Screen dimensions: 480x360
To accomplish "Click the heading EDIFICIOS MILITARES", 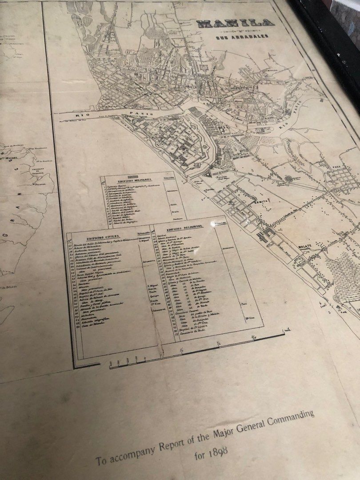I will pyautogui.click(x=134, y=181).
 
